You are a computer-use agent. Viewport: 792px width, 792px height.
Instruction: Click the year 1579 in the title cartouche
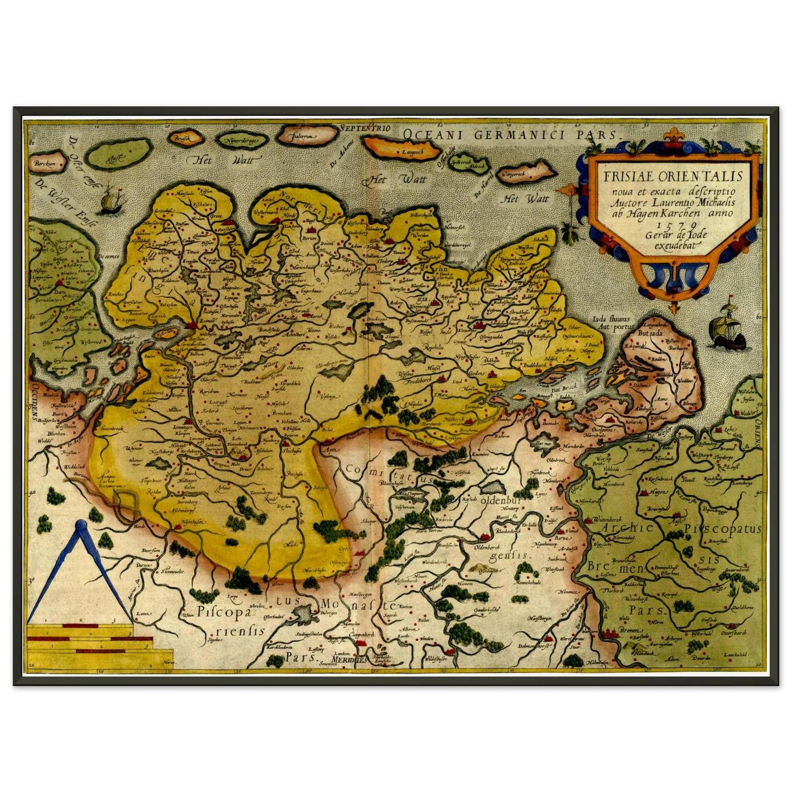tap(667, 224)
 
